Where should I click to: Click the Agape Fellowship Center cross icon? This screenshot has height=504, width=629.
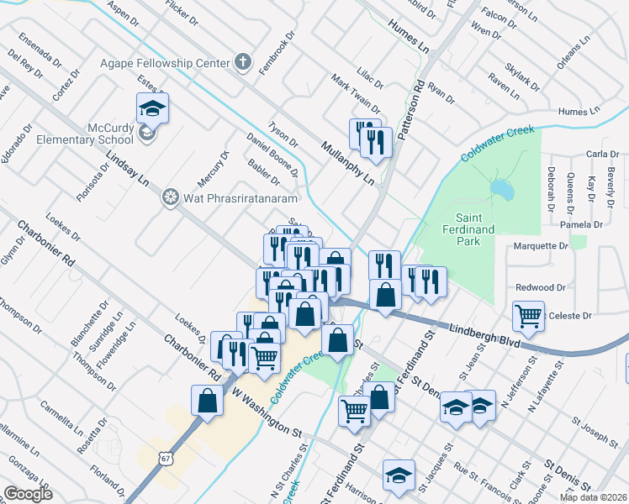coord(243,62)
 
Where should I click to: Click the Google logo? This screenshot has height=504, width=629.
coord(28,493)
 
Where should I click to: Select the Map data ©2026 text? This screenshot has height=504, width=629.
coord(592,497)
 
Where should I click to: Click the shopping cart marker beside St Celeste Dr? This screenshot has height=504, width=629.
coord(528,316)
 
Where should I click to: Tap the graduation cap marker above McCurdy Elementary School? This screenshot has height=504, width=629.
coord(152,108)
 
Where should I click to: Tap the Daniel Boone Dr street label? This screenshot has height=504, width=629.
coord(272,155)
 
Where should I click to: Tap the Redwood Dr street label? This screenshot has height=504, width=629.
coord(542,287)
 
